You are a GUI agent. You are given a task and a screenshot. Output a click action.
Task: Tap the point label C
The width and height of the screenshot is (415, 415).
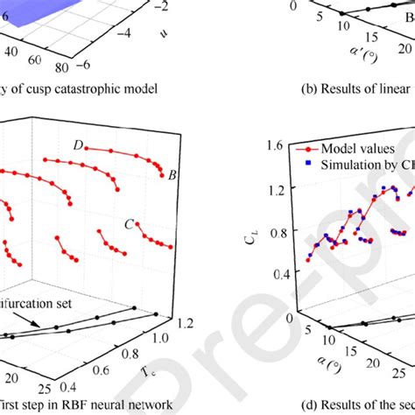pyautogui.click(x=129, y=224)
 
